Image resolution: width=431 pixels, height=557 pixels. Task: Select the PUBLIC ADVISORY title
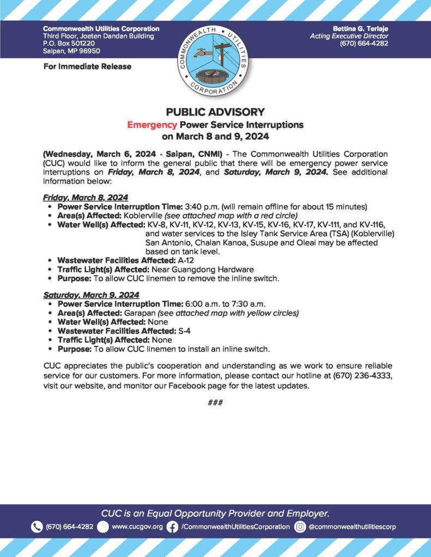[x=215, y=113]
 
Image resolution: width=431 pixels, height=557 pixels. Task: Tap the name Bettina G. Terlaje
[x=361, y=28]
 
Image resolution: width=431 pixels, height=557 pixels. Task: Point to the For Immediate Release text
[x=87, y=66]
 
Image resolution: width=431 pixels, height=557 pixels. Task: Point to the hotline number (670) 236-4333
[x=360, y=376]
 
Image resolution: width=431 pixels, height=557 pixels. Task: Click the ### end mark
[x=215, y=403]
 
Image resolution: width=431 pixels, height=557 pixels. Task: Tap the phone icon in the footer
[x=37, y=527]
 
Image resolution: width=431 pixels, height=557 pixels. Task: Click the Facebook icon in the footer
[x=172, y=527]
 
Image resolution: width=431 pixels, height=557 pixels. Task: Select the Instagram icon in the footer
[x=300, y=527]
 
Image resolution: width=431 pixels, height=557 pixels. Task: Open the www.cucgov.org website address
[x=137, y=527]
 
